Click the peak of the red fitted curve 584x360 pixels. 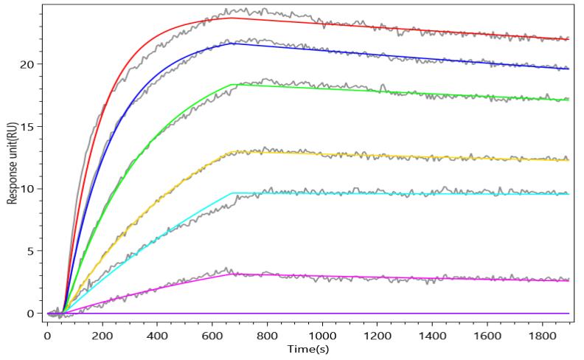233,18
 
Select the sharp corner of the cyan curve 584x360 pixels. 233,193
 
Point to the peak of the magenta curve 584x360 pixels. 233,274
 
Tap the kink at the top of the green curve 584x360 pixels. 233,85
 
